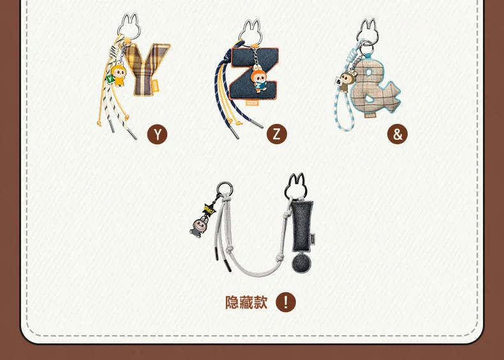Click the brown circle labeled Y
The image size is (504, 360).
point(157,134)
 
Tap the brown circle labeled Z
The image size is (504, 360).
point(277,134)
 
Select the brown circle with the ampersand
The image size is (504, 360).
point(397,134)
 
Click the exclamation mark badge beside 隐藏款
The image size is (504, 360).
point(286,302)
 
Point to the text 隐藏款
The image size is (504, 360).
point(246,302)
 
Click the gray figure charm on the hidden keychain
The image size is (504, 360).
point(198,225)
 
